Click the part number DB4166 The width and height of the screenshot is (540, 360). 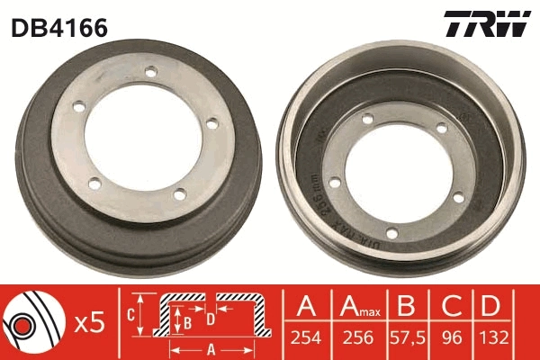(59, 28)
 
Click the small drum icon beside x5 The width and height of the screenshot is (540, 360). (31, 321)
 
